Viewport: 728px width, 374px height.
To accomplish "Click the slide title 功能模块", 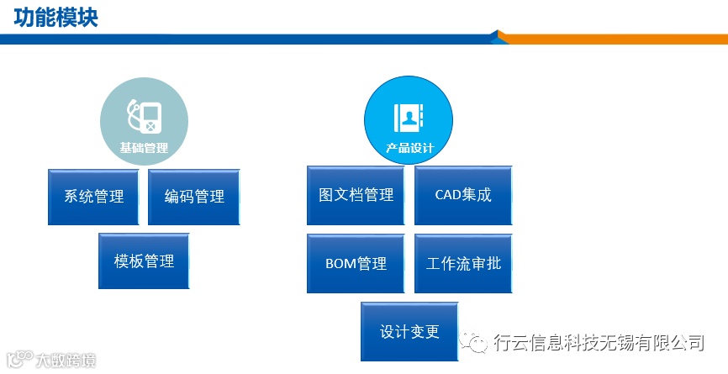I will click(x=55, y=16).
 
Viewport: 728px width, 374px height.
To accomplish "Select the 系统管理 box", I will click(x=94, y=197).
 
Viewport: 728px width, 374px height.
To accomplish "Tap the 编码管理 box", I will click(x=194, y=197).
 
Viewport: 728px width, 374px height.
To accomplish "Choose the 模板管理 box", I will click(x=144, y=261).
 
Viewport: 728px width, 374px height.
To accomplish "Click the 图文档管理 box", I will click(x=356, y=195).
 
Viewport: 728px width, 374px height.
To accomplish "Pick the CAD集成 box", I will click(x=463, y=195).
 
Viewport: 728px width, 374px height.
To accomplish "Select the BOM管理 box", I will click(x=356, y=264).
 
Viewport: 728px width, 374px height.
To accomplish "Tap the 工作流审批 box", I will click(x=463, y=264).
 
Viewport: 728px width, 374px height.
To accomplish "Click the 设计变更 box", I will click(x=409, y=332).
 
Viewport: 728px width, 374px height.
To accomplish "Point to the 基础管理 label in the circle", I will click(x=144, y=148).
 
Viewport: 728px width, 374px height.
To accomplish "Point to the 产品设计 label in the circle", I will click(x=409, y=148).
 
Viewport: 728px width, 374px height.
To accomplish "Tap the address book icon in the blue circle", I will click(x=409, y=117).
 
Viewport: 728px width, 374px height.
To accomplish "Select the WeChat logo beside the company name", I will click(x=476, y=342).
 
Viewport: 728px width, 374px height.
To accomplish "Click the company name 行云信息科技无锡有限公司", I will click(x=599, y=342).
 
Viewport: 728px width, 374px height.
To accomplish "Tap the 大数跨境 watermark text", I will click(x=66, y=361).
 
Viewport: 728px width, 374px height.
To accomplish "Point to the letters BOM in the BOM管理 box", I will click(x=340, y=264).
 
